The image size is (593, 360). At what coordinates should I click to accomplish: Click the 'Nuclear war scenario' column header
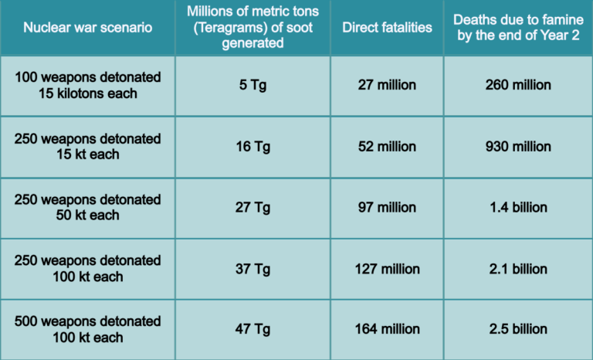click(x=87, y=28)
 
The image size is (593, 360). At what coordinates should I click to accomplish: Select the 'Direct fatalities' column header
click(x=387, y=28)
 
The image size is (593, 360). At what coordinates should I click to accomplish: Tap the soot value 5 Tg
click(x=252, y=86)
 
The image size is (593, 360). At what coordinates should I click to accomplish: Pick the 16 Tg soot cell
click(x=252, y=147)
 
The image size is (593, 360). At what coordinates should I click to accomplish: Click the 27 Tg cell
click(x=252, y=208)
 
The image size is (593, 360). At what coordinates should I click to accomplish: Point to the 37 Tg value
click(x=252, y=269)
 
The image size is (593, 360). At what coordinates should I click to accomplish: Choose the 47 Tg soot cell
click(x=252, y=330)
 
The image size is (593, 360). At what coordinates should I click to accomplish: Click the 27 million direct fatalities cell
click(x=387, y=86)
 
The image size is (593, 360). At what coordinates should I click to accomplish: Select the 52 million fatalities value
click(x=387, y=147)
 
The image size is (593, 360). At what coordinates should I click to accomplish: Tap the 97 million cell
click(x=387, y=208)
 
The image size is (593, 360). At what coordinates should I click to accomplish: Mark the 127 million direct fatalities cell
click(x=387, y=269)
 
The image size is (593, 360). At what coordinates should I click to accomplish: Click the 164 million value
click(x=387, y=330)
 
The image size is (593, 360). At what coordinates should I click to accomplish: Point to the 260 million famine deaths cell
click(x=518, y=86)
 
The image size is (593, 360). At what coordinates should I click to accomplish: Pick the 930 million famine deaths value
click(x=518, y=147)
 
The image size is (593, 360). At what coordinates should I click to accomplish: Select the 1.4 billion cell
click(x=518, y=208)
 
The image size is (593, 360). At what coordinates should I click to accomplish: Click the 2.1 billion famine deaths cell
click(x=518, y=269)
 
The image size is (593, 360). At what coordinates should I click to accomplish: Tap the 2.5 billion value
click(x=518, y=330)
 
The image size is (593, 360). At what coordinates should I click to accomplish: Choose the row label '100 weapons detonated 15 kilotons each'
click(x=87, y=86)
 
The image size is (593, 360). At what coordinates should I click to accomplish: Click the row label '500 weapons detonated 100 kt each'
click(x=87, y=330)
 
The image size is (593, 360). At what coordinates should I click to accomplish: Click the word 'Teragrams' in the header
click(x=232, y=28)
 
